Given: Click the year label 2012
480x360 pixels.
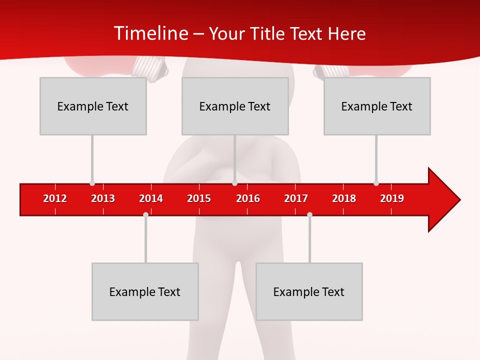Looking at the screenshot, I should click(55, 198).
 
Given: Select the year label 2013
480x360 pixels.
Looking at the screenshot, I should click(103, 198).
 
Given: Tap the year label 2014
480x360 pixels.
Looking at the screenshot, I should click(151, 198).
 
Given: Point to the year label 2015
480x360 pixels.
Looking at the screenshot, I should click(199, 198).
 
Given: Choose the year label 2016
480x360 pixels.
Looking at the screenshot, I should click(248, 198).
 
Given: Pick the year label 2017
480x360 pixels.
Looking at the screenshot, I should click(296, 198).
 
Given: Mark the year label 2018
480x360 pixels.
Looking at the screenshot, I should click(344, 198).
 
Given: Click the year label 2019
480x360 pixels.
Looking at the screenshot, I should click(392, 198).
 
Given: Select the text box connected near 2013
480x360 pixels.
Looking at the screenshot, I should click(93, 106).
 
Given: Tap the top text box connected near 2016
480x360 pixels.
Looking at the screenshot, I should click(235, 106).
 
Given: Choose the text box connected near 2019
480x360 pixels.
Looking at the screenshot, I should click(377, 106).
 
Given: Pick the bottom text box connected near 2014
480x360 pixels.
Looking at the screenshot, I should click(145, 291).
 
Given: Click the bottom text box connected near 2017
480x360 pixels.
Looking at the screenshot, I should click(309, 291).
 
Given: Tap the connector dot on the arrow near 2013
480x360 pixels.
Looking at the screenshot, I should click(92, 183).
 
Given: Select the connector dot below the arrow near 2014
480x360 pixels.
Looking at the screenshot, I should click(145, 214).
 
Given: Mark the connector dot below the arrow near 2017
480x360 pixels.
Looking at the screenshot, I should click(309, 214).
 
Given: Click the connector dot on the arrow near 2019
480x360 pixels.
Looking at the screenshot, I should click(376, 183).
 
